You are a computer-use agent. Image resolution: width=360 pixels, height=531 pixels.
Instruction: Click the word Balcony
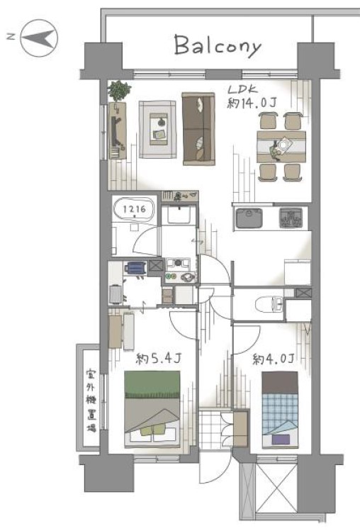pos(218,45)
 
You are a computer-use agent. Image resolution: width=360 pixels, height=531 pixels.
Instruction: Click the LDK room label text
pos(243,90)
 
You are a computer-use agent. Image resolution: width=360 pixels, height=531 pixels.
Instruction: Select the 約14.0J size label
pos(252,103)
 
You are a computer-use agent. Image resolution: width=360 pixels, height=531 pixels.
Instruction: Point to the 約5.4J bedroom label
pos(159,359)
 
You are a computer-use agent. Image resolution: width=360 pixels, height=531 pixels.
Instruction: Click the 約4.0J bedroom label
pos(274,359)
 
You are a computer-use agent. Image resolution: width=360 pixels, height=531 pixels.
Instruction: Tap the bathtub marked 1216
pos(134,210)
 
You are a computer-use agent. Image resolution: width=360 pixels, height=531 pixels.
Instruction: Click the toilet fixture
pos(268,303)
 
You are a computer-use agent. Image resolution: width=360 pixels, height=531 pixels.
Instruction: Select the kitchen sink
pos(249,218)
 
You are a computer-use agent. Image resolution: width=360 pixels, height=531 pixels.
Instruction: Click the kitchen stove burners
pos(291,218)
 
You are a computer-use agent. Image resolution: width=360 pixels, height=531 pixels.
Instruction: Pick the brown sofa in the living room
pos(198,129)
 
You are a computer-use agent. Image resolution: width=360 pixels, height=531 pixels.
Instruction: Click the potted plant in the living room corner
pos(119,91)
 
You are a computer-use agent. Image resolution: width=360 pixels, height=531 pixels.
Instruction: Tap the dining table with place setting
pos(281,147)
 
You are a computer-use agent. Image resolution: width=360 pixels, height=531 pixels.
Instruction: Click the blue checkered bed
pos(280,410)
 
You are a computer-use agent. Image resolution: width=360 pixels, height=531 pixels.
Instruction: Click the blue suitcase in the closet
pos(135,268)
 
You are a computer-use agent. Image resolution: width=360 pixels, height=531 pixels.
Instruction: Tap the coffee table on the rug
pos(159,129)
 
